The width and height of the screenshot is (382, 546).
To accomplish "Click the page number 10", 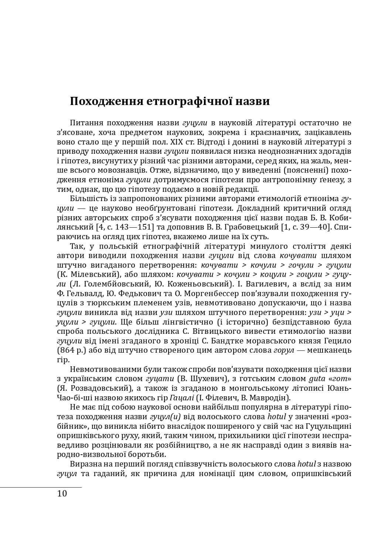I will pos(62,494).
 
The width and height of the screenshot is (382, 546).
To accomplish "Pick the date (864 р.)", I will pos(70,350).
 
